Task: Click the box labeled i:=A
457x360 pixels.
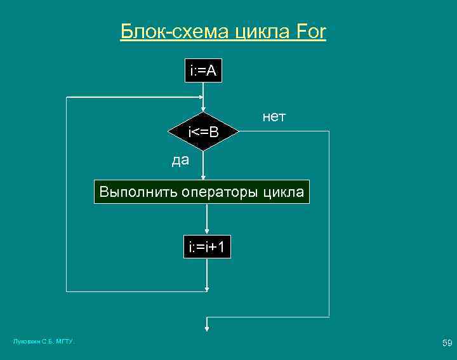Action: [202, 72]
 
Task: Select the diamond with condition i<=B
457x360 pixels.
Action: [203, 132]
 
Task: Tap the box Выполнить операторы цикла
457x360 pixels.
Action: [202, 191]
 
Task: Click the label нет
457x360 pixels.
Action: [274, 117]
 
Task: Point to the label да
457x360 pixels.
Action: [180, 161]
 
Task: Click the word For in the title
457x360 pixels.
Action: [310, 32]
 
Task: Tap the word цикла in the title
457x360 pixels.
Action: [260, 32]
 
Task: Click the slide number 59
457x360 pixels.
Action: [447, 343]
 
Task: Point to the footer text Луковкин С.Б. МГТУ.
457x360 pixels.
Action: [43, 342]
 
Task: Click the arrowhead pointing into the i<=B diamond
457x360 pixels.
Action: [203, 109]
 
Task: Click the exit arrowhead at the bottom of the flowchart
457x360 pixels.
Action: [206, 328]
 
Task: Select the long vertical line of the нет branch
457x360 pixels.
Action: [330, 222]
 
